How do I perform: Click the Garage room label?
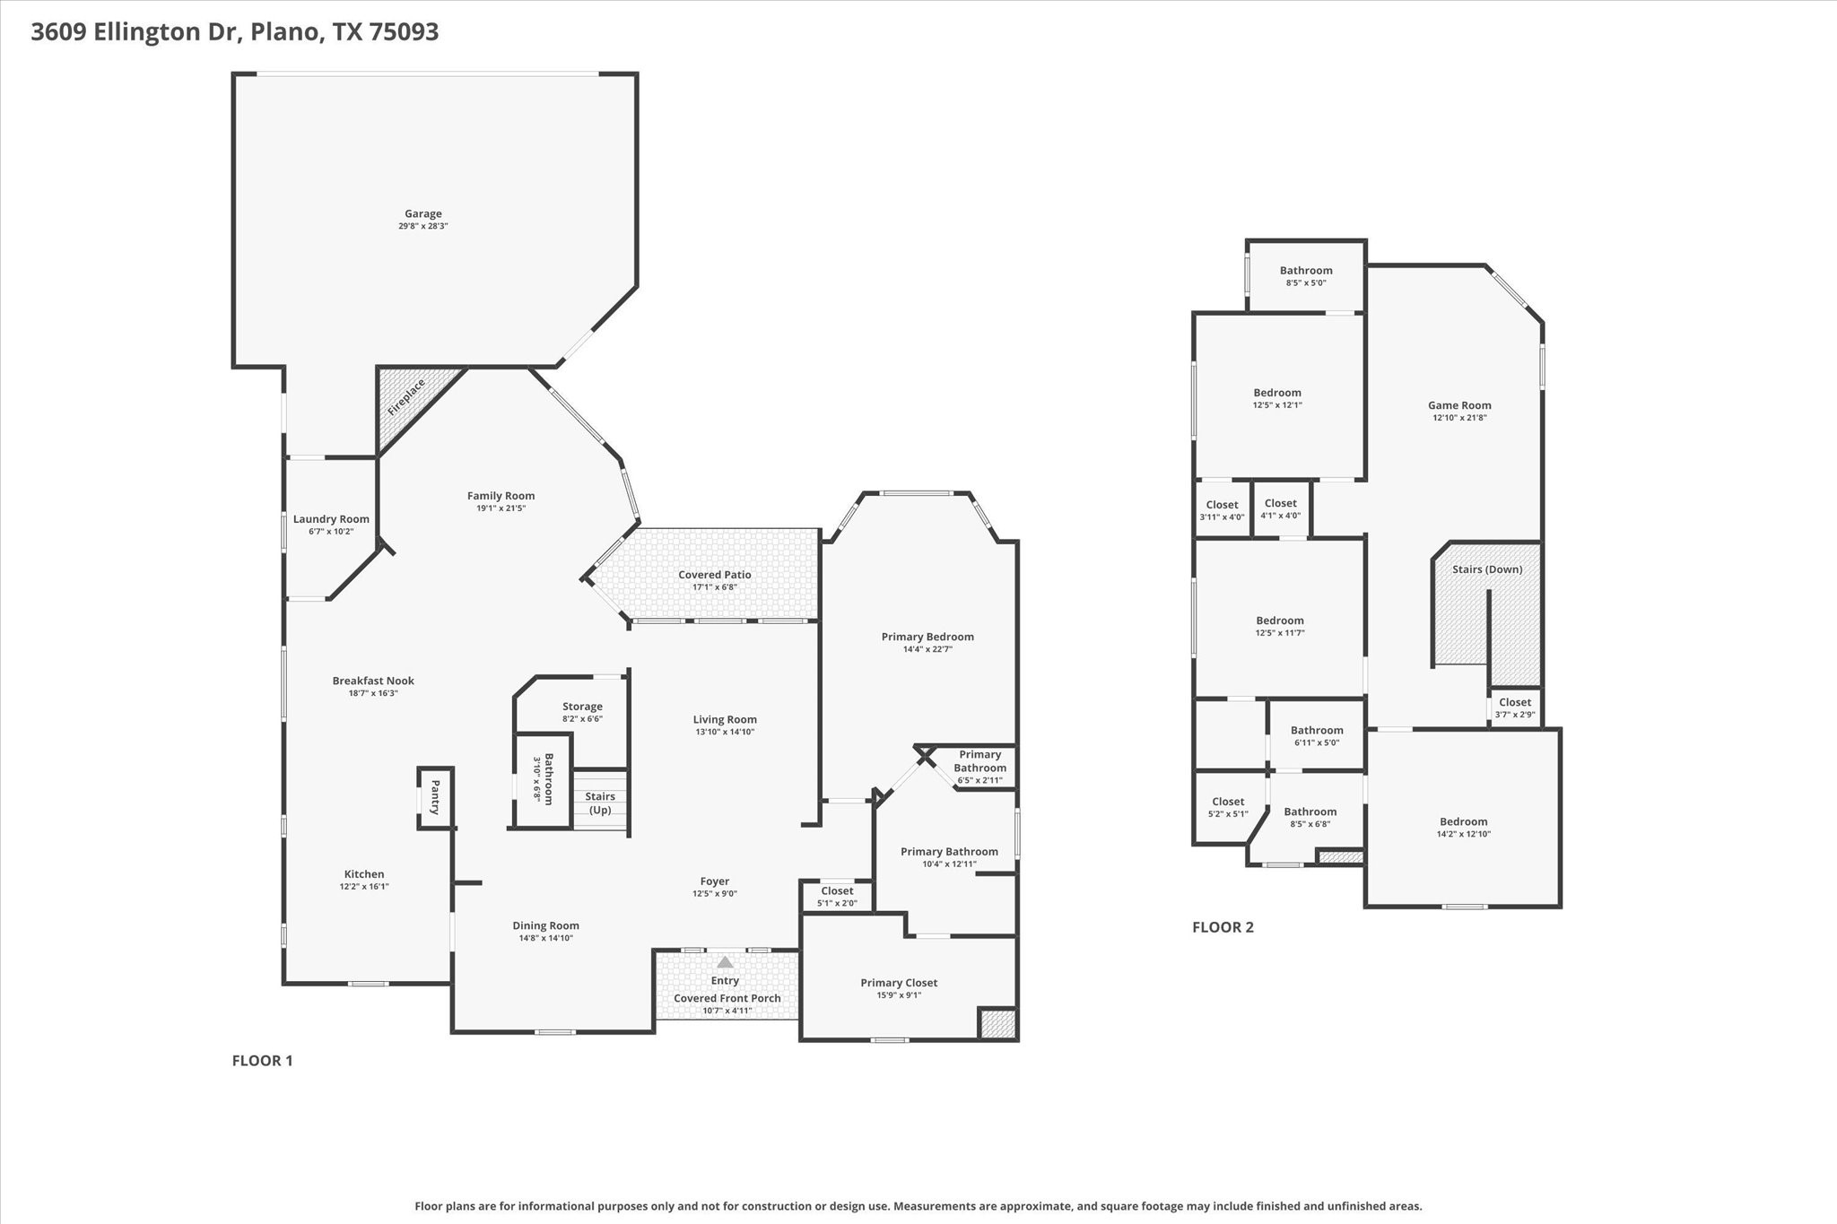point(422,213)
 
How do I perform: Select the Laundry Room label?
point(331,519)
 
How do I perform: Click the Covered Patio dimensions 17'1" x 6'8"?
point(714,587)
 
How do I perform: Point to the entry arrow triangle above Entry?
point(725,962)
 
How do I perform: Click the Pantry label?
point(435,797)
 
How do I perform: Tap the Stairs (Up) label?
point(600,803)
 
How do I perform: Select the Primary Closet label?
point(899,983)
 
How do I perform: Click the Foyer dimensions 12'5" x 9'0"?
point(714,894)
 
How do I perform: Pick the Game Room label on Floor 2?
point(1459,405)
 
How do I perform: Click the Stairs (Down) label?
point(1487,569)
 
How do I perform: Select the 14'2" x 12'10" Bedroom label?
point(1463,821)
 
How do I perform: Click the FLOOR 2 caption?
point(1223,927)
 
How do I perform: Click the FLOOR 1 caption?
point(262,1061)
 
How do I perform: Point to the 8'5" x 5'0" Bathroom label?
point(1306,271)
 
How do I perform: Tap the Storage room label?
point(582,707)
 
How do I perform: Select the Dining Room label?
point(545,925)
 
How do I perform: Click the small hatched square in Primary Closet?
point(997,1023)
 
